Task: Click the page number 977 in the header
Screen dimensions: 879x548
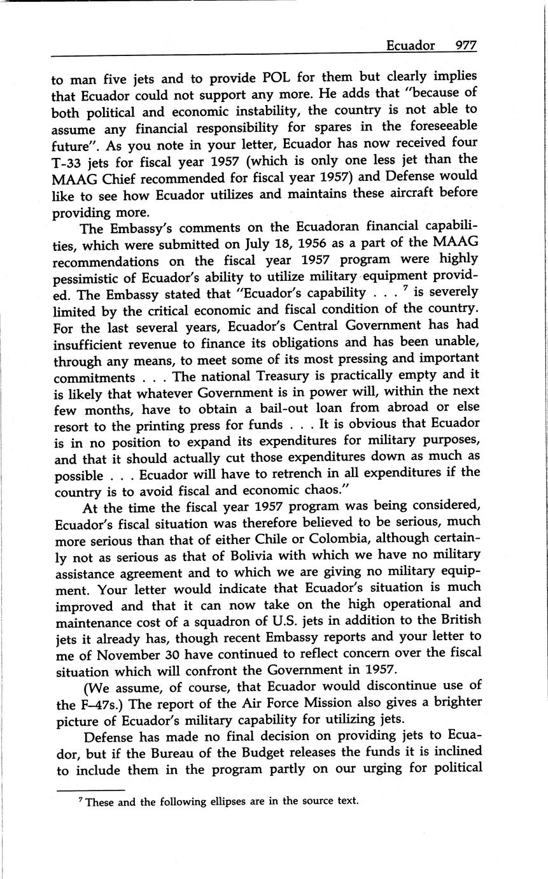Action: click(x=465, y=45)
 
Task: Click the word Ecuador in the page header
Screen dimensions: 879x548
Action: click(x=411, y=45)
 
